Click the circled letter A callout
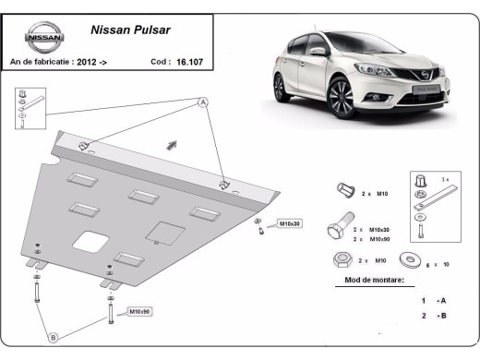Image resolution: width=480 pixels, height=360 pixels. click(203, 103)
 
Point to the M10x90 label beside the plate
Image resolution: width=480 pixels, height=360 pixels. click(139, 312)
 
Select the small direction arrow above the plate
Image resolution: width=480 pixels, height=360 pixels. click(171, 144)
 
